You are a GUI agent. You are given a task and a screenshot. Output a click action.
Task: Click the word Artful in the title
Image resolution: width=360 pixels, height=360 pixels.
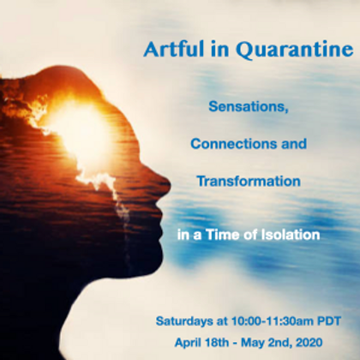pyautogui.click(x=173, y=49)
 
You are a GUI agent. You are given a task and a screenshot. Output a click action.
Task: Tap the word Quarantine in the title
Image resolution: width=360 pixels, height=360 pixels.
pyautogui.click(x=295, y=50)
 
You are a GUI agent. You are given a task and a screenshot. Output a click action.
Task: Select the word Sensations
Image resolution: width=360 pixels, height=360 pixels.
pyautogui.click(x=248, y=107)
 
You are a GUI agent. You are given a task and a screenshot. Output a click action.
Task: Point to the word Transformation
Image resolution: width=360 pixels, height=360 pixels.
pyautogui.click(x=249, y=181)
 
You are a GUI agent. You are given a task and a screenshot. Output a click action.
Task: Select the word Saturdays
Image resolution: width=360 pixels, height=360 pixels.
pyautogui.click(x=184, y=321)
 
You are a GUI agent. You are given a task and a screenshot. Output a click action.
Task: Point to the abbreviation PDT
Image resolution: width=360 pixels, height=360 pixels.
pyautogui.click(x=329, y=321)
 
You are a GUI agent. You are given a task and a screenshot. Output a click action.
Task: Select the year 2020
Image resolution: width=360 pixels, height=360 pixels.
pyautogui.click(x=309, y=342)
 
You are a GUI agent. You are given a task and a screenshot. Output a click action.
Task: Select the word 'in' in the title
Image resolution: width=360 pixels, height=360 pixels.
pyautogui.click(x=220, y=49)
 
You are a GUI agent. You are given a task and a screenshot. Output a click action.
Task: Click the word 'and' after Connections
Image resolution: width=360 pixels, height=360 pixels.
pyautogui.click(x=294, y=144)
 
